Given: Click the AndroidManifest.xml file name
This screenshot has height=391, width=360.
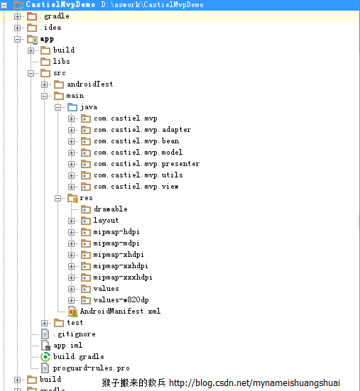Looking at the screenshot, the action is pos(120,312).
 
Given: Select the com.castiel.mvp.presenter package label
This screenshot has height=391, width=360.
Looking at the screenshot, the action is pos(147,164).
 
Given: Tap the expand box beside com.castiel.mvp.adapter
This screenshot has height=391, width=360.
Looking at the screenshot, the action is pos(71,130).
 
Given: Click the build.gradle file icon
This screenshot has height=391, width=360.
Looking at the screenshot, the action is pos(45,357).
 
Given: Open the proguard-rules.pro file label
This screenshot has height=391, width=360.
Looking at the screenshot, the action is pos(92,368).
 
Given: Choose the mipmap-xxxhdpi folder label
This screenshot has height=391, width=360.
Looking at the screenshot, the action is pos(123,277).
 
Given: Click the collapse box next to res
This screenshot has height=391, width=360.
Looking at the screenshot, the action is pos(58,199).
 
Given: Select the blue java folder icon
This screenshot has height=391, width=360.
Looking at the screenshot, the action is pos(72,107).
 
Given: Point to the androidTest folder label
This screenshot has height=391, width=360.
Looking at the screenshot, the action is pos(89,84).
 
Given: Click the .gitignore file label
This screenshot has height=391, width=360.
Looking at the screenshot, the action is pos(75,334).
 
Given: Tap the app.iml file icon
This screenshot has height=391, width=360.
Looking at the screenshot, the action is pos(45,346).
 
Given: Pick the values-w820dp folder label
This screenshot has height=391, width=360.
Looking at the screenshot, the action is pos(121,299).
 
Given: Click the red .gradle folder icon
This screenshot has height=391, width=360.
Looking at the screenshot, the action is pos(32,16).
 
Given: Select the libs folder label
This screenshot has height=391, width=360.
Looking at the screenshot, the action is pos(61,61).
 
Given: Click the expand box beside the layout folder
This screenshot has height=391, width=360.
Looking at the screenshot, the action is pos(71,221).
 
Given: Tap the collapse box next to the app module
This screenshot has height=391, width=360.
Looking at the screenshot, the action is pos(18,40).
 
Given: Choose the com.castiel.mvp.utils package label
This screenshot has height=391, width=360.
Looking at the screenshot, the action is pos(138,175).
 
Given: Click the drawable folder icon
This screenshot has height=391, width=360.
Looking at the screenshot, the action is pos(86,209).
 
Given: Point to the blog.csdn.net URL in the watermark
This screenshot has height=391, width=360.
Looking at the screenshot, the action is pos(254,382).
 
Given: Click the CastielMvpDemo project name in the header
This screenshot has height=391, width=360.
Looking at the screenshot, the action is pos(60,4).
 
